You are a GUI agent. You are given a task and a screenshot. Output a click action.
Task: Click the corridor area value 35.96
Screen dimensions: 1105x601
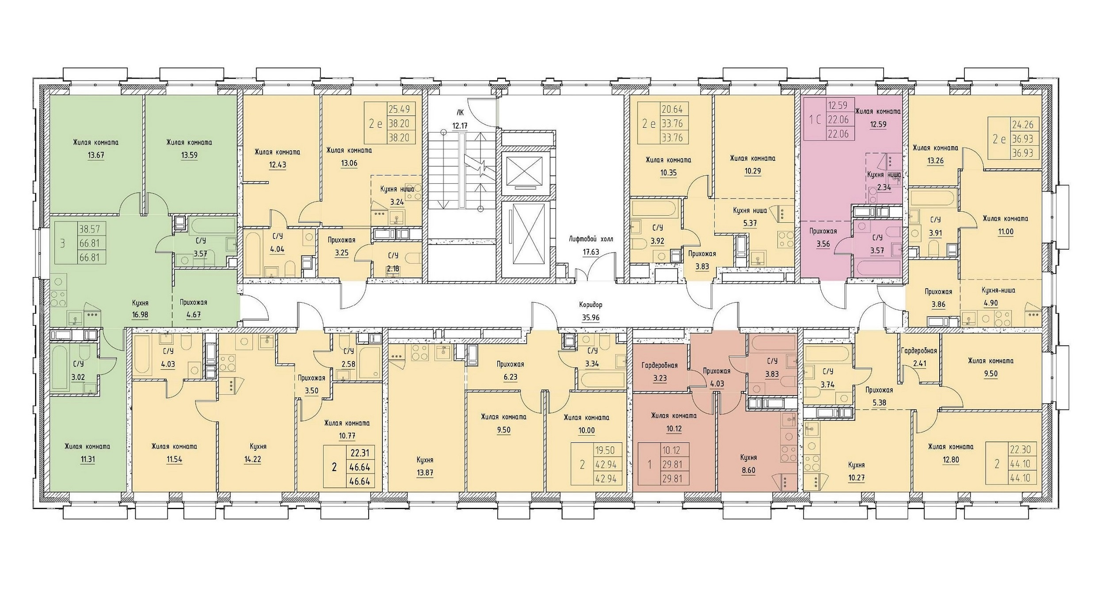click(x=591, y=317)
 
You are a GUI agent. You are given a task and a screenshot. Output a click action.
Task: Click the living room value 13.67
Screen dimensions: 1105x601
click(x=96, y=155)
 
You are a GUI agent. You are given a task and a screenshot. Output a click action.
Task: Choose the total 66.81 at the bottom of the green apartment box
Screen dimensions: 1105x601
click(x=89, y=257)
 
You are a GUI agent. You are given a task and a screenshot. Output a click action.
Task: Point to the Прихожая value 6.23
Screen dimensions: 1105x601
click(x=510, y=377)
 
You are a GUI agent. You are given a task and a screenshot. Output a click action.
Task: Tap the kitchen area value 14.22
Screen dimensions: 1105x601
click(x=252, y=459)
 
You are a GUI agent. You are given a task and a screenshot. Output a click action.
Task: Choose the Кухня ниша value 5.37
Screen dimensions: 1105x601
click(x=750, y=223)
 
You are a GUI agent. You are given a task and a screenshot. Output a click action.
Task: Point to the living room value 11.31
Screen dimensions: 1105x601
click(x=87, y=459)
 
